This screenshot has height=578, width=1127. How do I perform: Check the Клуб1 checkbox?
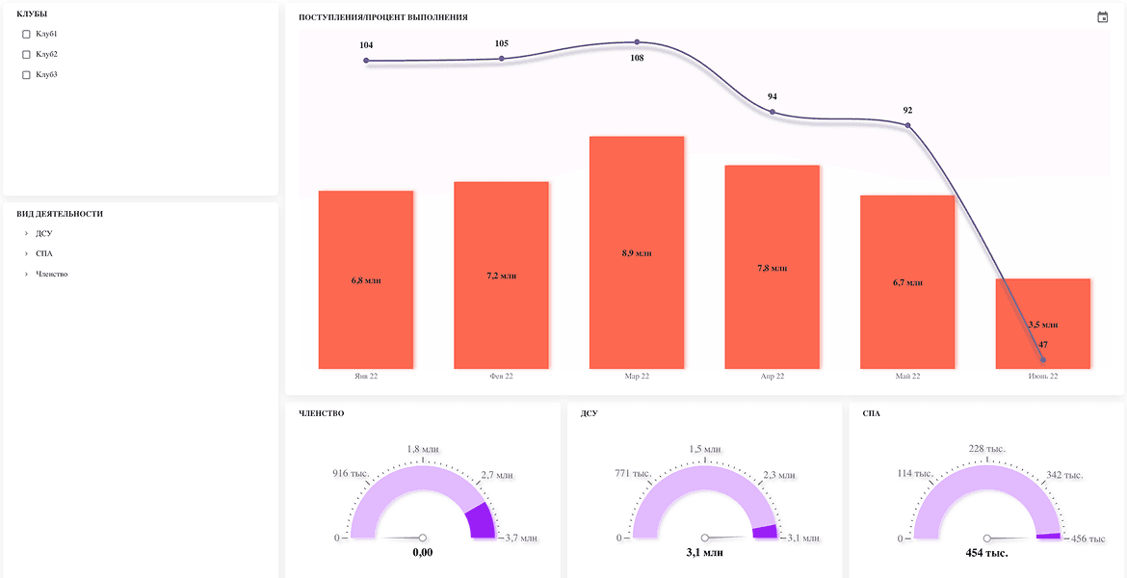pos(27,34)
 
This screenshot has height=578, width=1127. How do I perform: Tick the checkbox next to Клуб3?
pos(27,75)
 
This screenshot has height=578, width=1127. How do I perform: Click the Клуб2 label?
pos(46,54)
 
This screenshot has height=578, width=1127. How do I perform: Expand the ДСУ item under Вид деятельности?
pos(27,234)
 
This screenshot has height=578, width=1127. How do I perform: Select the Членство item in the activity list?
pos(52,274)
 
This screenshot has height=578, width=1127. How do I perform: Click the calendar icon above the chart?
pos(1103,17)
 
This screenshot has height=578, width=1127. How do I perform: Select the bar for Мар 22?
pos(636,252)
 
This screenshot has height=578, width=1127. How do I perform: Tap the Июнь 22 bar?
pos(1043,324)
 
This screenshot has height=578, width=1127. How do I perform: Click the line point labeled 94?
pos(773,112)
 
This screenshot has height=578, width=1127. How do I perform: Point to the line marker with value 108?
pos(637,42)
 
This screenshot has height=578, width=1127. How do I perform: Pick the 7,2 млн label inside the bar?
pos(502,276)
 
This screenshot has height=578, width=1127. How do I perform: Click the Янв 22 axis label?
pos(366,376)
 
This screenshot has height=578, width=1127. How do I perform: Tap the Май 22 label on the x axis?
pos(907,376)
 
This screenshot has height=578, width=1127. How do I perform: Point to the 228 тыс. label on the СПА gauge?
pos(986,449)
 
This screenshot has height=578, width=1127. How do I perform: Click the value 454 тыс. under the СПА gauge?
pos(986,554)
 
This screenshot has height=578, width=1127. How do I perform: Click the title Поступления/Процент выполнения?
pos(383,17)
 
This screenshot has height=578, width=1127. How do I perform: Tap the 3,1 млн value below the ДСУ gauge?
pos(704,553)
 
